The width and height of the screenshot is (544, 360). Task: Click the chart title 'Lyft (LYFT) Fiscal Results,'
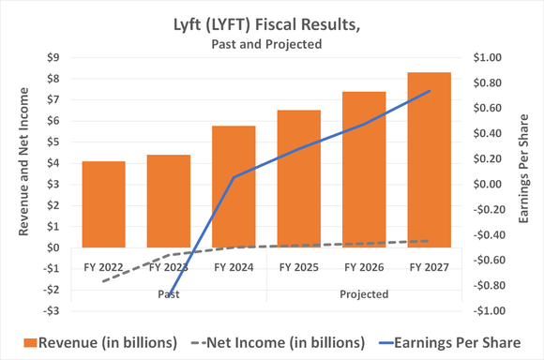click(x=272, y=23)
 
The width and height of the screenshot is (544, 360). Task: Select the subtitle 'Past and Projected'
click(x=272, y=44)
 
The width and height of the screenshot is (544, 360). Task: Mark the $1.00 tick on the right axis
click(x=490, y=57)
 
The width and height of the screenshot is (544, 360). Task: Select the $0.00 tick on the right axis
click(x=490, y=184)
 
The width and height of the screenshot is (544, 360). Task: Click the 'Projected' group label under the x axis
click(x=364, y=293)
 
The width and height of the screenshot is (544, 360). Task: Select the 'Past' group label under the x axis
click(x=169, y=293)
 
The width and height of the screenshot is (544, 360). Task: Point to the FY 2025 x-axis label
click(x=298, y=267)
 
